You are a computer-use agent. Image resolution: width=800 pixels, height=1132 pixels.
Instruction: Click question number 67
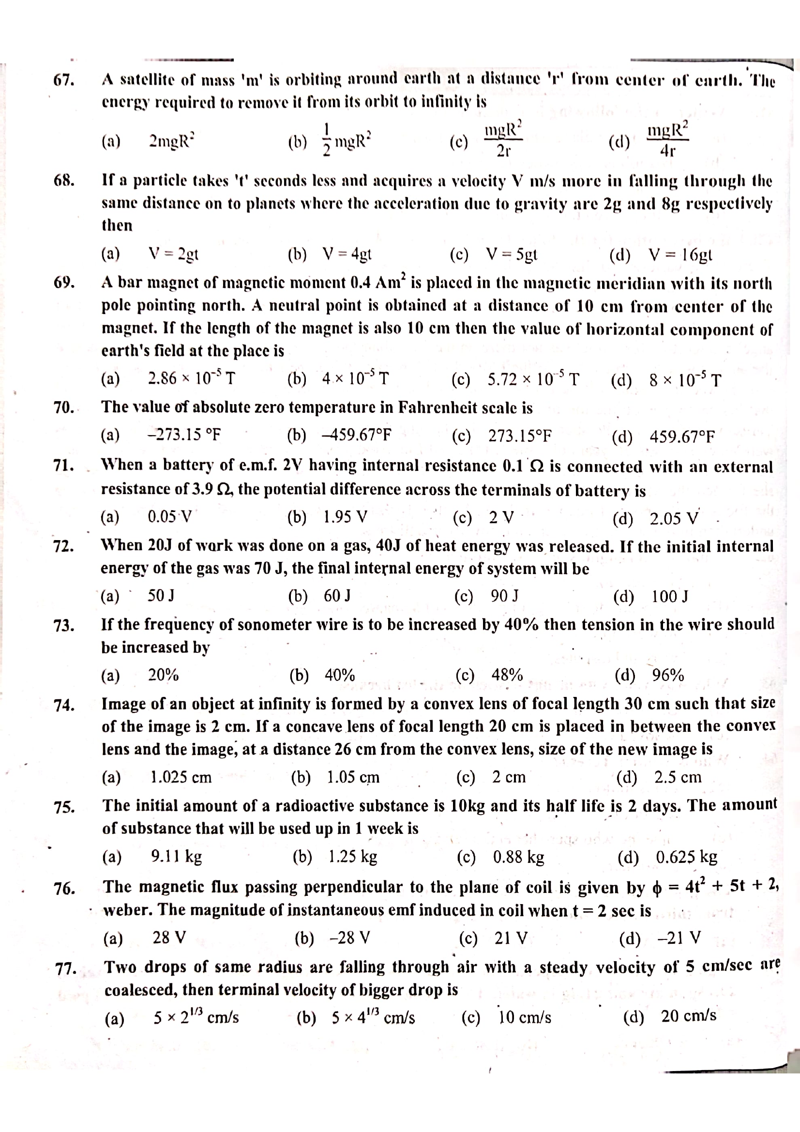click(63, 80)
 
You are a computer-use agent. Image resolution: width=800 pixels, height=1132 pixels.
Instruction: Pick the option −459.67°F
click(356, 436)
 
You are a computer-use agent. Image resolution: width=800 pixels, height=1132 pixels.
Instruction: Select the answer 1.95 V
click(346, 517)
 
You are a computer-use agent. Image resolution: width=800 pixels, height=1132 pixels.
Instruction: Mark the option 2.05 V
click(674, 519)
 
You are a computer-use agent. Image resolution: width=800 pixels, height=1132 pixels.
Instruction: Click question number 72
click(63, 546)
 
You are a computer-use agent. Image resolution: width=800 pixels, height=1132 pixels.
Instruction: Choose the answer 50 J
click(161, 596)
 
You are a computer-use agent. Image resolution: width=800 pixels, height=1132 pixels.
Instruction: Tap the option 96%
click(668, 675)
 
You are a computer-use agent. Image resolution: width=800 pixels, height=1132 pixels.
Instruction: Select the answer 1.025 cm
click(181, 778)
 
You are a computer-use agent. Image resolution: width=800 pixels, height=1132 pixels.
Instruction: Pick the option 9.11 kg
click(177, 857)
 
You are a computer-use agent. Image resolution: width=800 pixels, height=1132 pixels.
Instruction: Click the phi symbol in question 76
click(656, 888)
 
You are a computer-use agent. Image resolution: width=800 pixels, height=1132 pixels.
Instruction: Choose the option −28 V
click(349, 937)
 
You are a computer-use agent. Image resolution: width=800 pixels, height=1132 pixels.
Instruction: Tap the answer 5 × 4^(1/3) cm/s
click(373, 1017)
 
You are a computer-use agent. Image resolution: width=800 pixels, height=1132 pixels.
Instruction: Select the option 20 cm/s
click(688, 1016)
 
